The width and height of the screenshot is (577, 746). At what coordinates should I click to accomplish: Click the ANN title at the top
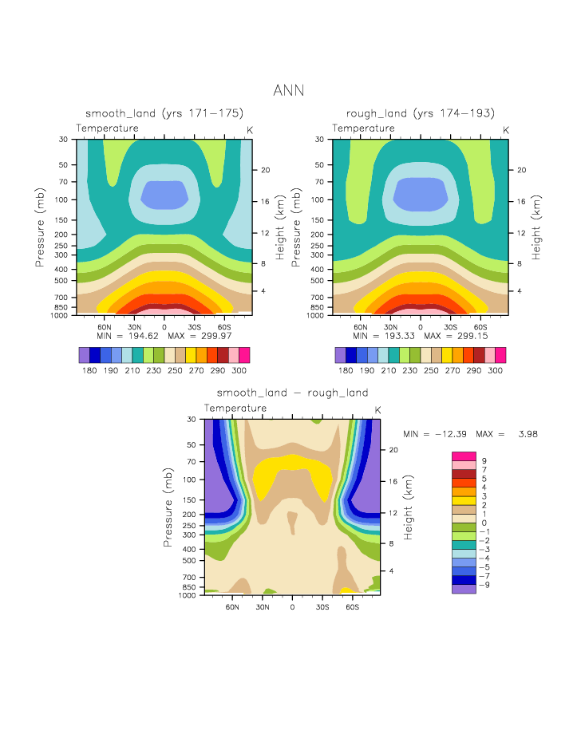[x=288, y=90]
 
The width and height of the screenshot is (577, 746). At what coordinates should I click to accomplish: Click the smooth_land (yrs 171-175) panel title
[x=164, y=113]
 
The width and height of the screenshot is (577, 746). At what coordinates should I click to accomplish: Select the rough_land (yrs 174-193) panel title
[x=421, y=113]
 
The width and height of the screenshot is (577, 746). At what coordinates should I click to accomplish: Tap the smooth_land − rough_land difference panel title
[x=292, y=393]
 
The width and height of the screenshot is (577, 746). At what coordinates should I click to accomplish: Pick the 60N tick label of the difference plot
[x=233, y=607]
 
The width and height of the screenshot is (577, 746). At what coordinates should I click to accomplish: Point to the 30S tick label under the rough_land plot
[x=451, y=327]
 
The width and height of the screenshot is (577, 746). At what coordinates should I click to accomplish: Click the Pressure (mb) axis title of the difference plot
[x=169, y=507]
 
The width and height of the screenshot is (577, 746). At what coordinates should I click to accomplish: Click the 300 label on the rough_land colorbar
[x=495, y=371]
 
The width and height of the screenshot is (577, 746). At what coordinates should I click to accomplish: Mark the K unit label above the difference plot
[x=377, y=410]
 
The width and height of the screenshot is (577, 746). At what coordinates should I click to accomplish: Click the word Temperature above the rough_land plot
[x=363, y=128]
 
